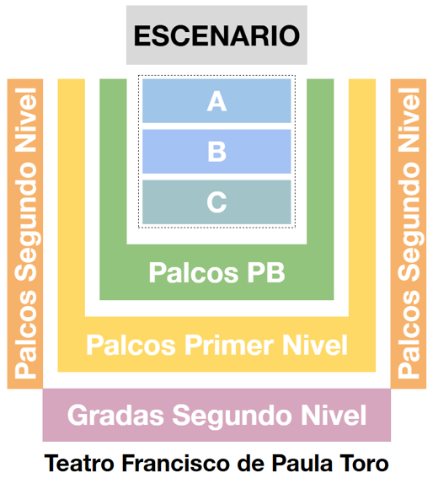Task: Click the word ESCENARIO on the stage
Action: tap(216, 35)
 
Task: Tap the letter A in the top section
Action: tap(216, 101)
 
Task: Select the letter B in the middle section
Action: tap(216, 152)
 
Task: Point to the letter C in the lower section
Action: tap(216, 202)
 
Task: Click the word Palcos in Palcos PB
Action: tap(194, 272)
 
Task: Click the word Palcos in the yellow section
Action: tap(131, 345)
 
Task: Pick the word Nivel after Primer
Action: tap(315, 345)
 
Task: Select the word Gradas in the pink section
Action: tap(115, 416)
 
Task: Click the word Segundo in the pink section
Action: tap(233, 416)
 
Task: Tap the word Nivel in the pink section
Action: tap(334, 416)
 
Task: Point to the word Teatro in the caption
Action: tap(79, 464)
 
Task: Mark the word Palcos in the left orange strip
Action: tap(25, 335)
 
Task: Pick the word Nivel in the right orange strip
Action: tap(409, 121)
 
